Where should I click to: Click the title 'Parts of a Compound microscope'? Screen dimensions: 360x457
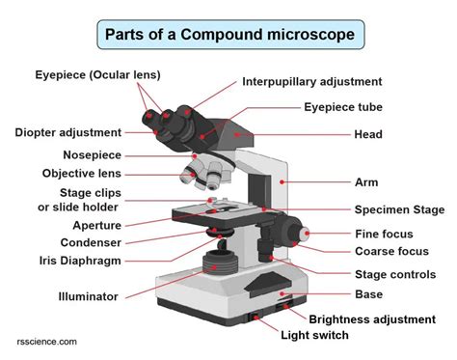click(230, 37)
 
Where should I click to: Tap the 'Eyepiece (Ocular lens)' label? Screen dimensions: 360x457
click(97, 74)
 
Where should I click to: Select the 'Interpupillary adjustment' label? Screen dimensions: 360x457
click(312, 82)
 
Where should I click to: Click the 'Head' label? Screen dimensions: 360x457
click(367, 134)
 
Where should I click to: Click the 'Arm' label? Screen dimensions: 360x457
click(365, 180)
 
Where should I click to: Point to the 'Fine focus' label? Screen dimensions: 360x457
click(384, 234)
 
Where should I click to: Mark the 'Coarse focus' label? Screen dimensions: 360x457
click(391, 252)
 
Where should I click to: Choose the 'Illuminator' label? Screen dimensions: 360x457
click(88, 297)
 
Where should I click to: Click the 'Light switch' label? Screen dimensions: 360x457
click(314, 336)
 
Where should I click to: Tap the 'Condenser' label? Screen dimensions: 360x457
click(91, 243)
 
